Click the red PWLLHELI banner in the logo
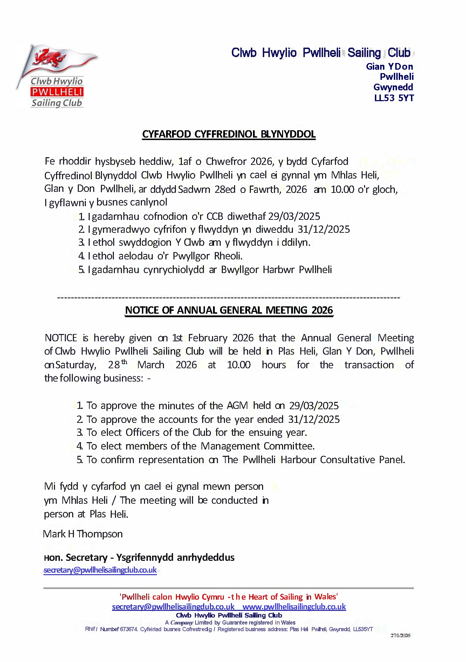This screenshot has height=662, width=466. coord(57,92)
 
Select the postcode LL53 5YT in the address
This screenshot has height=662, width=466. coord(394,98)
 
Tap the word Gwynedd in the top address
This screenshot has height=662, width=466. coord(393,87)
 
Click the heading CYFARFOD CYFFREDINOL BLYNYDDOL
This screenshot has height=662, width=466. coord(229,134)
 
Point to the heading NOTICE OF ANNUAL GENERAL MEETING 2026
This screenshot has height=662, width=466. coord(229,310)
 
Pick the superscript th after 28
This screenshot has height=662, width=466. coord(124,362)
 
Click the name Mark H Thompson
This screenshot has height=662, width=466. coord(83,534)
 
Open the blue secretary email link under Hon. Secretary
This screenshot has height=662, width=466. coord(100,570)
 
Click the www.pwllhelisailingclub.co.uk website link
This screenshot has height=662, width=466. coord(294,607)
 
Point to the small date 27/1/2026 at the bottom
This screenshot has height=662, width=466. coord(400,635)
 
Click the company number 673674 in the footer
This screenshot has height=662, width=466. coord(128,629)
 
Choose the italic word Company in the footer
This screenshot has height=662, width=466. coord(181,622)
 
